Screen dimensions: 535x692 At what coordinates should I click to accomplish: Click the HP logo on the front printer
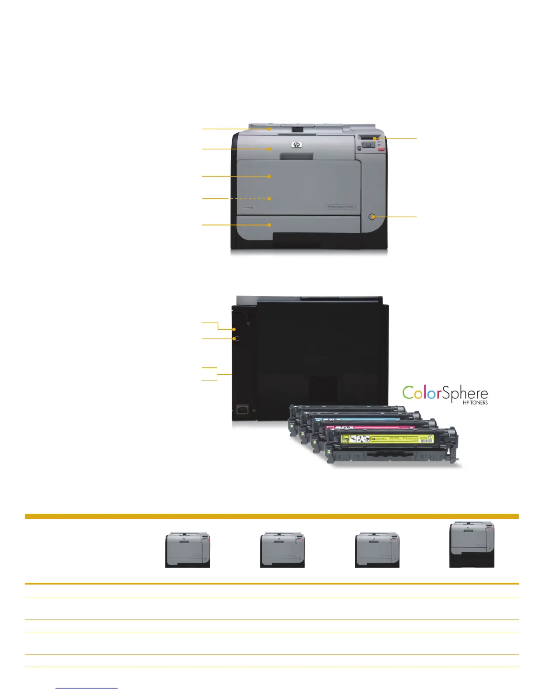[297, 145]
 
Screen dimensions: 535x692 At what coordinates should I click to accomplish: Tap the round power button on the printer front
[372, 217]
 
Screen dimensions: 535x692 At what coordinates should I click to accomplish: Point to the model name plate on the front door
[340, 207]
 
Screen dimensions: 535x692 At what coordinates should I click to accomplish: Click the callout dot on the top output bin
[270, 129]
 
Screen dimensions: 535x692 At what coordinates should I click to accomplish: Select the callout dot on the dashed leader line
[270, 199]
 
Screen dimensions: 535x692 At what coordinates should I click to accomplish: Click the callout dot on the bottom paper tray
[270, 225]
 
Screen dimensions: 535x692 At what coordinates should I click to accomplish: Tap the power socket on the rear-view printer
[242, 410]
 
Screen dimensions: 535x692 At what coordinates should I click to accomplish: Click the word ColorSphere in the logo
[445, 393]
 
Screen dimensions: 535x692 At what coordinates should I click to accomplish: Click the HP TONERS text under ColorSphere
[475, 403]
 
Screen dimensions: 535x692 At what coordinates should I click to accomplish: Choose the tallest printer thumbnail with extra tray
[472, 544]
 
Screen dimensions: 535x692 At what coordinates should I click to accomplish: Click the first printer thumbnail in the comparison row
[188, 550]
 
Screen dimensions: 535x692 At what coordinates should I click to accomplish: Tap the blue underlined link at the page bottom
[87, 688]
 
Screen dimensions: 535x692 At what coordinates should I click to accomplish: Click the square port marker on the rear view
[236, 339]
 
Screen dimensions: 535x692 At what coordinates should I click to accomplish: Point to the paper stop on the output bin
[298, 129]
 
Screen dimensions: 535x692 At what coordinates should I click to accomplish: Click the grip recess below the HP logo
[297, 156]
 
